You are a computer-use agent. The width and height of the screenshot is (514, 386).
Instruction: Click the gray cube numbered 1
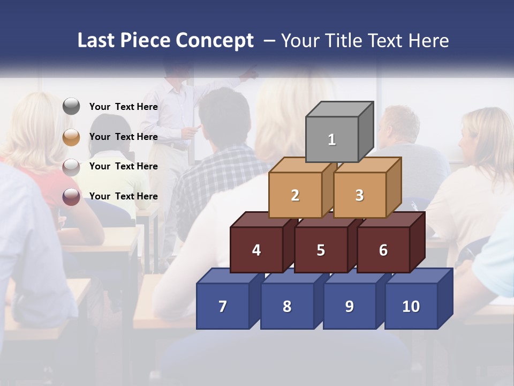(332, 139)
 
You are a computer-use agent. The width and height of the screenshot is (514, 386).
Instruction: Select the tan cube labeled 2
(295, 195)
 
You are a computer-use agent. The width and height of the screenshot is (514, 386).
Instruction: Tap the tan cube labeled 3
(359, 195)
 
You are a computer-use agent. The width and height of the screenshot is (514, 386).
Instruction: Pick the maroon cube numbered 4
(256, 250)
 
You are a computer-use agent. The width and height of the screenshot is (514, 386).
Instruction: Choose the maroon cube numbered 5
(321, 250)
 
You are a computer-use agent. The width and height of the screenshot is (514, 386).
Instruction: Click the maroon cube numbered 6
(383, 250)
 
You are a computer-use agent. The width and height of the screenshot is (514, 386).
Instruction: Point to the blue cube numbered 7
(223, 306)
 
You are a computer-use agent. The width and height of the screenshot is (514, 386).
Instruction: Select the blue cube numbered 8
(287, 306)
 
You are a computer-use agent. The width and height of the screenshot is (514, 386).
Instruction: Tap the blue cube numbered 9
(350, 306)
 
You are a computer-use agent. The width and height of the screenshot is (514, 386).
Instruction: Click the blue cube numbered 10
(411, 306)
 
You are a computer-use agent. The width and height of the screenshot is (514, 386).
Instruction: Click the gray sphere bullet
(71, 107)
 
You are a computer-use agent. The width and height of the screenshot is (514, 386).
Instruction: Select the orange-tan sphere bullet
(71, 137)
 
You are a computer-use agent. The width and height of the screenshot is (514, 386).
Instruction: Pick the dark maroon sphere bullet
(71, 196)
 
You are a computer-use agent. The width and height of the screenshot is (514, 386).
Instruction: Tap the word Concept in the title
(215, 41)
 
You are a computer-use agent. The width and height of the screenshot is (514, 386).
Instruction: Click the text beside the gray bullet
(124, 107)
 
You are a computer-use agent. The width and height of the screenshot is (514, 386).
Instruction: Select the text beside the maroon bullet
(124, 196)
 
